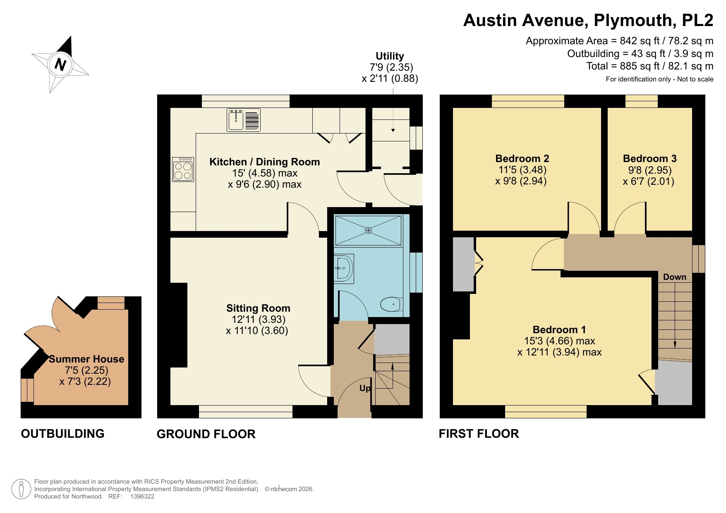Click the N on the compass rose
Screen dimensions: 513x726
pos(60,64)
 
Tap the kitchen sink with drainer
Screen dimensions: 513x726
pos(243,120)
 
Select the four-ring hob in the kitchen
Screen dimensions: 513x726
pos(183,169)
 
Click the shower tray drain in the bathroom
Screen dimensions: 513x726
pos(368,230)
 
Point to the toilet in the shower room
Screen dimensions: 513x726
pos(391,305)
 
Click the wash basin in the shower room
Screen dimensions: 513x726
pos(343,268)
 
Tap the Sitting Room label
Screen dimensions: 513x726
pos(258,308)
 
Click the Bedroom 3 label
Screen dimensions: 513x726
pos(649,159)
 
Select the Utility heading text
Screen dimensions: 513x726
pos(390,56)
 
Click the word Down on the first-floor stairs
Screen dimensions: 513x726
pos(674,277)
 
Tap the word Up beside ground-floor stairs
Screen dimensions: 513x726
pos(365,388)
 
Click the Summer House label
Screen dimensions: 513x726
pos(86,359)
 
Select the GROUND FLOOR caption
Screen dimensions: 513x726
pos(206,434)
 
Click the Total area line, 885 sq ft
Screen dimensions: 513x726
pos(649,66)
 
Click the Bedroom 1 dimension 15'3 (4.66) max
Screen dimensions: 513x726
pos(559,341)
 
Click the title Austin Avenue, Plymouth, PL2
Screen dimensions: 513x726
pos(588,20)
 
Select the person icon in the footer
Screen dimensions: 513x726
pos(21,489)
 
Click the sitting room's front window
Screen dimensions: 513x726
pos(246,412)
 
